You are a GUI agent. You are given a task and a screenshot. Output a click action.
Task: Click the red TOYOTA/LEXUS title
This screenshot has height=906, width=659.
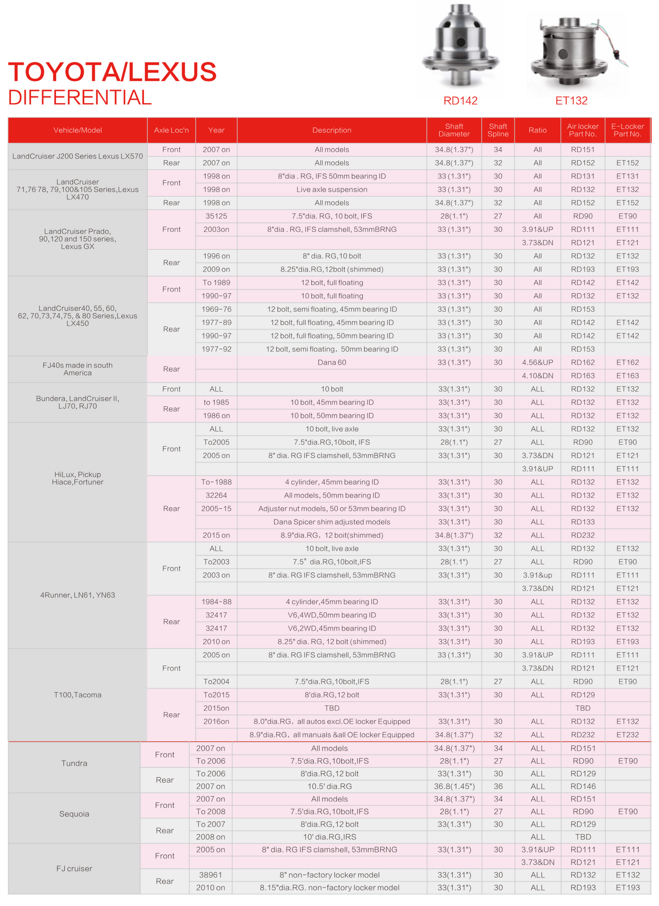[x=112, y=72]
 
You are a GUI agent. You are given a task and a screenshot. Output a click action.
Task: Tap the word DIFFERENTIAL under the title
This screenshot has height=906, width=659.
[x=80, y=98]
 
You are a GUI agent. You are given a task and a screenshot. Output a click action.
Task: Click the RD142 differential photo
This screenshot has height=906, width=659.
[x=460, y=46]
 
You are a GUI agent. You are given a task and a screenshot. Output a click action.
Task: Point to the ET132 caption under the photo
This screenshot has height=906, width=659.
[x=571, y=101]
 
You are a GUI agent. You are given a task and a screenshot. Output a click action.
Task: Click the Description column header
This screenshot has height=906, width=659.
[x=332, y=130]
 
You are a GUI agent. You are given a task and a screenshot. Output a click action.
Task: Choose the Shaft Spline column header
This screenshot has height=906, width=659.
[x=498, y=130]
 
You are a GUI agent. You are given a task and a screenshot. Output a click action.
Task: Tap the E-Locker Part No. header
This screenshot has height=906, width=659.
[x=628, y=130]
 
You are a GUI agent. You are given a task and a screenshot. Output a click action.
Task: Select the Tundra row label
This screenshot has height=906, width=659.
[x=74, y=763]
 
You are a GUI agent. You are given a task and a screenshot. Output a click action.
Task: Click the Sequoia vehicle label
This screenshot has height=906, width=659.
[x=74, y=814]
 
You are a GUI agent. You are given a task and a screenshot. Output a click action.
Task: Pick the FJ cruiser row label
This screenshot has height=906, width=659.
[x=74, y=868]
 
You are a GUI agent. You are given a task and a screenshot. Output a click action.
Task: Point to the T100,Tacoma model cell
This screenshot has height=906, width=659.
[x=78, y=695]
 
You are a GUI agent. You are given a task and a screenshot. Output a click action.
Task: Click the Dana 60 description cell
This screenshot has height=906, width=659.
[x=332, y=362]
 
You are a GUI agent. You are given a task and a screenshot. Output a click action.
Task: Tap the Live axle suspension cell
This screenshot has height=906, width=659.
[x=332, y=189]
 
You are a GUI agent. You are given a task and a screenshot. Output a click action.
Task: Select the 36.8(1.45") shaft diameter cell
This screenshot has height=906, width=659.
[x=454, y=786]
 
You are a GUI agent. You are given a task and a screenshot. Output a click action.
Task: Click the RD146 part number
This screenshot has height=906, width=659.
[x=583, y=786]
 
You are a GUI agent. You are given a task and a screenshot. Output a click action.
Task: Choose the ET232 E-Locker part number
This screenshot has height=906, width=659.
[x=628, y=735]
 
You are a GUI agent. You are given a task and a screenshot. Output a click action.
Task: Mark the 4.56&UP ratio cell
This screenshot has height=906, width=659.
[x=537, y=362]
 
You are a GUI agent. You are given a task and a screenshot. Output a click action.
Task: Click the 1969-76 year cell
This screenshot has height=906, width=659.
[x=216, y=309]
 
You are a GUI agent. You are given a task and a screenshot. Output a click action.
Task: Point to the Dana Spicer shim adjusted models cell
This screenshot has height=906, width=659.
[x=332, y=522]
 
